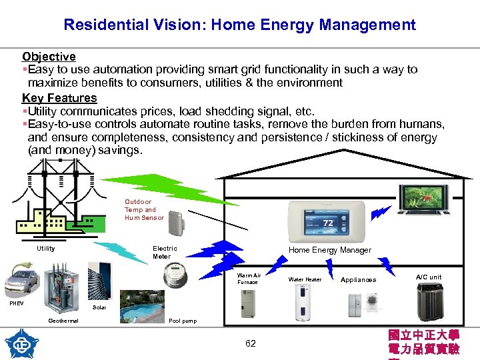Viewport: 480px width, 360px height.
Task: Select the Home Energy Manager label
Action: tap(329, 250)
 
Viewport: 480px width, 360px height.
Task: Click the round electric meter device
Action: tap(176, 273)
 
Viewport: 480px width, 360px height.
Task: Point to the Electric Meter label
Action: tap(165, 252)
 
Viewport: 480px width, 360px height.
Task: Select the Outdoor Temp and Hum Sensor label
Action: tap(143, 209)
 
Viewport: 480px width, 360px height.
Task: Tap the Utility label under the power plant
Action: tap(46, 249)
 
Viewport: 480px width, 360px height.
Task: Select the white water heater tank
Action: tap(305, 304)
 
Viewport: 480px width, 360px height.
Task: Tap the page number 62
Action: tap(250, 343)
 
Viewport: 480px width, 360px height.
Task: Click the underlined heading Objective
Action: tap(49, 57)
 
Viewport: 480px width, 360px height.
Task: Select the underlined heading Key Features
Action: tap(59, 98)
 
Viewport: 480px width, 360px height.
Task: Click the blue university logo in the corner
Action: tap(21, 344)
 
